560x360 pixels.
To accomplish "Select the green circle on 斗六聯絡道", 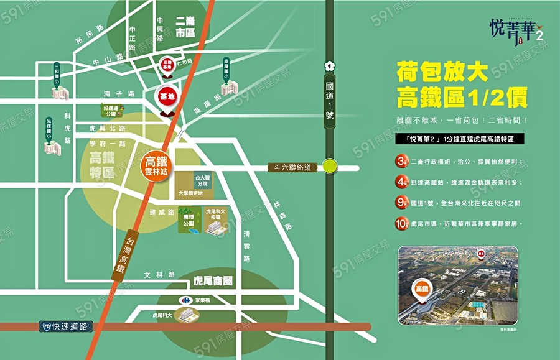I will (330, 167).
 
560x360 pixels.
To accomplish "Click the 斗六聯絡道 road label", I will (292, 167).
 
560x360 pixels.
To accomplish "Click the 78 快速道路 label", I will (66, 326).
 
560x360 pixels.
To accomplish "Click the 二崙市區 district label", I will (185, 27).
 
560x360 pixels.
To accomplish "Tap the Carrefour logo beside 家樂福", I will (185, 300).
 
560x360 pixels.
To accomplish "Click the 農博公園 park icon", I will (190, 223).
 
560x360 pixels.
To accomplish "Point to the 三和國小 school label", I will (57, 73).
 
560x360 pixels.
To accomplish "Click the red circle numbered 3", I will (401, 161).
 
